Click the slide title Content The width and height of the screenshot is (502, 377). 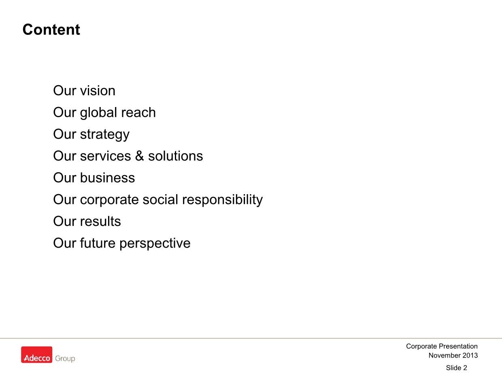click(51, 30)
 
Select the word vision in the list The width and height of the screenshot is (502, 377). click(98, 91)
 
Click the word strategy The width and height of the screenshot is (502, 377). click(105, 135)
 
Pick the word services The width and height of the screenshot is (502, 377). click(105, 156)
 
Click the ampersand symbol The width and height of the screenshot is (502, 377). click(140, 156)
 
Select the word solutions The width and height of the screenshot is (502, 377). click(175, 156)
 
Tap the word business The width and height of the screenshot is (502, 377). click(108, 178)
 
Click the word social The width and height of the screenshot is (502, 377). click(160, 199)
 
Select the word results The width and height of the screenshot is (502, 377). click(100, 221)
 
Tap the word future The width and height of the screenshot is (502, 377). click(98, 243)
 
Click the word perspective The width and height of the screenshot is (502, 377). click(155, 244)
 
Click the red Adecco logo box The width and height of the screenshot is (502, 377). click(36, 355)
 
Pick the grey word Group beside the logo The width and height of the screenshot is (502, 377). click(65, 358)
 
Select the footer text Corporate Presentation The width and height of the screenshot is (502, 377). click(442, 346)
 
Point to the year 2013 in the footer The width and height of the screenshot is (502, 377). click(470, 356)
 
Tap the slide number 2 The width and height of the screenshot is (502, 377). click(465, 368)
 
